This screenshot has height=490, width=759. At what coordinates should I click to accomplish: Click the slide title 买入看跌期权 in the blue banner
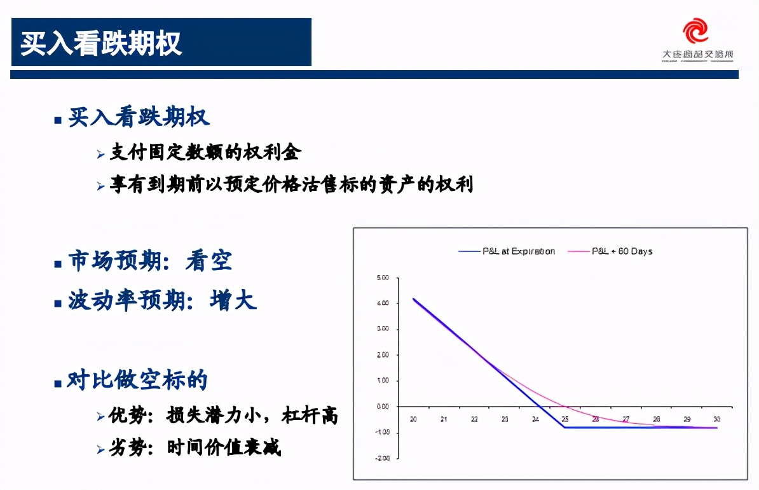(102, 43)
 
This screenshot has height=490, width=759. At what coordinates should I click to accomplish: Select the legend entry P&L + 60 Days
(622, 251)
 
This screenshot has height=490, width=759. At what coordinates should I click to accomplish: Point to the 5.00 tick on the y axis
(382, 278)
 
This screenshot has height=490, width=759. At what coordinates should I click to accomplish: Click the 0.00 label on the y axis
(382, 407)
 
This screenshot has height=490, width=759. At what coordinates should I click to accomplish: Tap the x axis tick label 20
(413, 419)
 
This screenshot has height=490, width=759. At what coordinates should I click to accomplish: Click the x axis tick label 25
(565, 419)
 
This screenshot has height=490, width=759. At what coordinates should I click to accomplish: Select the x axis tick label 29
(687, 419)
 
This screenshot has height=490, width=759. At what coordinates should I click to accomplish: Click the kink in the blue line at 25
(564, 427)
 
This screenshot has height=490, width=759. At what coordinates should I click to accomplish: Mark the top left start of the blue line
(413, 298)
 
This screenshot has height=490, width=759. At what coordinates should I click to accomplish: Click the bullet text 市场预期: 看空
(150, 262)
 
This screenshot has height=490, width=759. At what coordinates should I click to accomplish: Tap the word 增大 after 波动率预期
(233, 300)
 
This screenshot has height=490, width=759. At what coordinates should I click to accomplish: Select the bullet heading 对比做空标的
(138, 381)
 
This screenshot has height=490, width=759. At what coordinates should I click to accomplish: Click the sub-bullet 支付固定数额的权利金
(205, 153)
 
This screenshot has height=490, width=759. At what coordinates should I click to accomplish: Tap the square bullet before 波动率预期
(58, 303)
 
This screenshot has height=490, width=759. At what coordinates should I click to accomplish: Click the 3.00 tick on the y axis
(382, 330)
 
